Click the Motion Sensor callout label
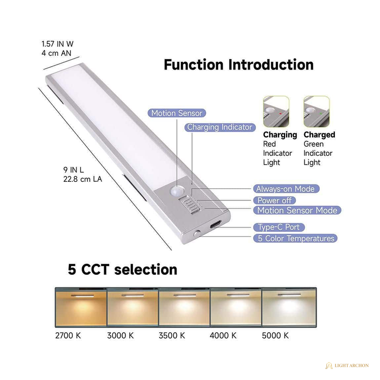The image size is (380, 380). click(x=176, y=113)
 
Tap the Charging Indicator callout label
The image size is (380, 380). click(x=220, y=127)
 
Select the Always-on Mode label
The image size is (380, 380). click(x=286, y=189)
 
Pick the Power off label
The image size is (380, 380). click(x=275, y=200)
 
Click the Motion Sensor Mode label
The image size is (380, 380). click(x=297, y=211)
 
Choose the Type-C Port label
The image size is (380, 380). click(x=279, y=227)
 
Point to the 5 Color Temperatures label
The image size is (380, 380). click(x=295, y=238)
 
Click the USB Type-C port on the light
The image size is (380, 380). click(x=216, y=224)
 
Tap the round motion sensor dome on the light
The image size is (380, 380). click(x=176, y=191)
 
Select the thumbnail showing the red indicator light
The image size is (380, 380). click(x=276, y=111)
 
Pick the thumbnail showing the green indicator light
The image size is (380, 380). click(x=316, y=111)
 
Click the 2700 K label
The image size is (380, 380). click(x=68, y=335)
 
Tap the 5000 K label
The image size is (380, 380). click(x=275, y=335)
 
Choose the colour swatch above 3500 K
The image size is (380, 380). click(x=185, y=308)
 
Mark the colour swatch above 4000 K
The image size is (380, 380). click(x=236, y=308)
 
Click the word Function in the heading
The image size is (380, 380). click(x=194, y=65)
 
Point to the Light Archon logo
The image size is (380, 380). click(x=347, y=365)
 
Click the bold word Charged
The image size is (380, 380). click(x=319, y=135)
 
